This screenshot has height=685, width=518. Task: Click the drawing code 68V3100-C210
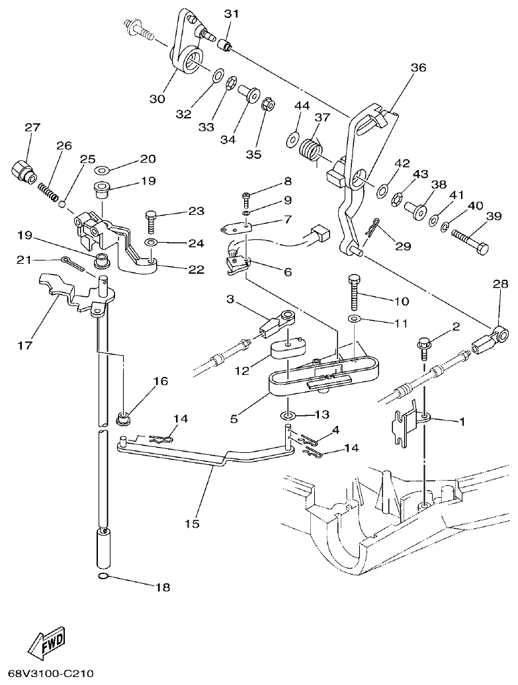point(46,674)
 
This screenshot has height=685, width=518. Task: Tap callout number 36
point(418,68)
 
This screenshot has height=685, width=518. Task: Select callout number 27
point(32,128)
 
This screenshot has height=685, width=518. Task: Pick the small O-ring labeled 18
point(103,579)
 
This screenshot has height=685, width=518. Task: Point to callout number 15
point(192,524)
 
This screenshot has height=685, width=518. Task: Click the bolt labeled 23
point(151,218)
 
